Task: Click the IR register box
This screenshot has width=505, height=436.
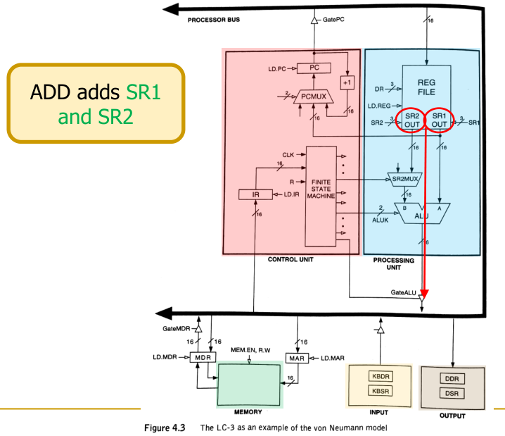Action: [251, 194]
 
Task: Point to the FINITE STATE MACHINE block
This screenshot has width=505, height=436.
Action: [319, 189]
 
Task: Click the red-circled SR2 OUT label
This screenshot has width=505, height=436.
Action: [412, 120]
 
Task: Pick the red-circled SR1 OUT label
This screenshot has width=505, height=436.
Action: [440, 120]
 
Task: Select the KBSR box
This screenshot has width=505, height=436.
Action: [378, 391]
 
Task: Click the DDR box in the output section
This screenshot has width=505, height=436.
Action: [451, 378]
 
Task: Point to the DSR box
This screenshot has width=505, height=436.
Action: [451, 392]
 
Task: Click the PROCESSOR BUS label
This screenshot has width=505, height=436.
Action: [214, 20]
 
